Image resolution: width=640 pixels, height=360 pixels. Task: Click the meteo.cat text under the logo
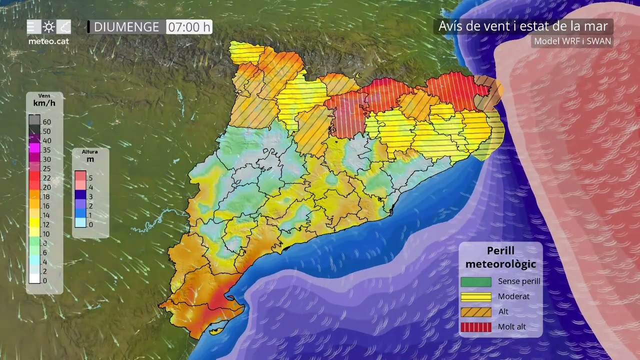click(48, 41)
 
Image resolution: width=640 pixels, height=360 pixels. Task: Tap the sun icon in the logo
click(49, 26)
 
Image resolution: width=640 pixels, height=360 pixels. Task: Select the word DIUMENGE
click(126, 27)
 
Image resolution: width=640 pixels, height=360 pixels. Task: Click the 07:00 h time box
click(189, 27)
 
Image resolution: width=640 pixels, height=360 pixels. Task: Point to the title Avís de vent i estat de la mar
click(523, 26)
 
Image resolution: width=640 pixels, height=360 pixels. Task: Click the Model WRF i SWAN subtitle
click(572, 41)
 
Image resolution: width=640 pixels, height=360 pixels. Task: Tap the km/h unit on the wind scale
click(44, 103)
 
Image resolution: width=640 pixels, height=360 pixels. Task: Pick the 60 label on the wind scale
click(46, 121)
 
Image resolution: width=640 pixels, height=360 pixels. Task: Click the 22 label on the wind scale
click(46, 178)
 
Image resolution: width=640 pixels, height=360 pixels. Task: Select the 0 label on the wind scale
click(45, 280)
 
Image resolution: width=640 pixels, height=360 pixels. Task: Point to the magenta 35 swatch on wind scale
click(34, 149)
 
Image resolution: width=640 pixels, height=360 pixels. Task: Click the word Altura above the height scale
click(90, 151)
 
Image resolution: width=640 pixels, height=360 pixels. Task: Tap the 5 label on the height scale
click(90, 177)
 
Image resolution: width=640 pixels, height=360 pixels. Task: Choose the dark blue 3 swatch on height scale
click(80, 196)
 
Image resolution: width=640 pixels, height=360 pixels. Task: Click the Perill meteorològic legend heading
click(500, 257)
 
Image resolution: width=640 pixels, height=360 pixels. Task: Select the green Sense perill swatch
click(475, 282)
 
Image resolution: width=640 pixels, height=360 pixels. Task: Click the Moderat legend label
click(513, 296)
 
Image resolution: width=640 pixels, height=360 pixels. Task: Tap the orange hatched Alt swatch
click(475, 311)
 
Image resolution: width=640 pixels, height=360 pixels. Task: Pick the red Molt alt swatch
click(475, 327)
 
